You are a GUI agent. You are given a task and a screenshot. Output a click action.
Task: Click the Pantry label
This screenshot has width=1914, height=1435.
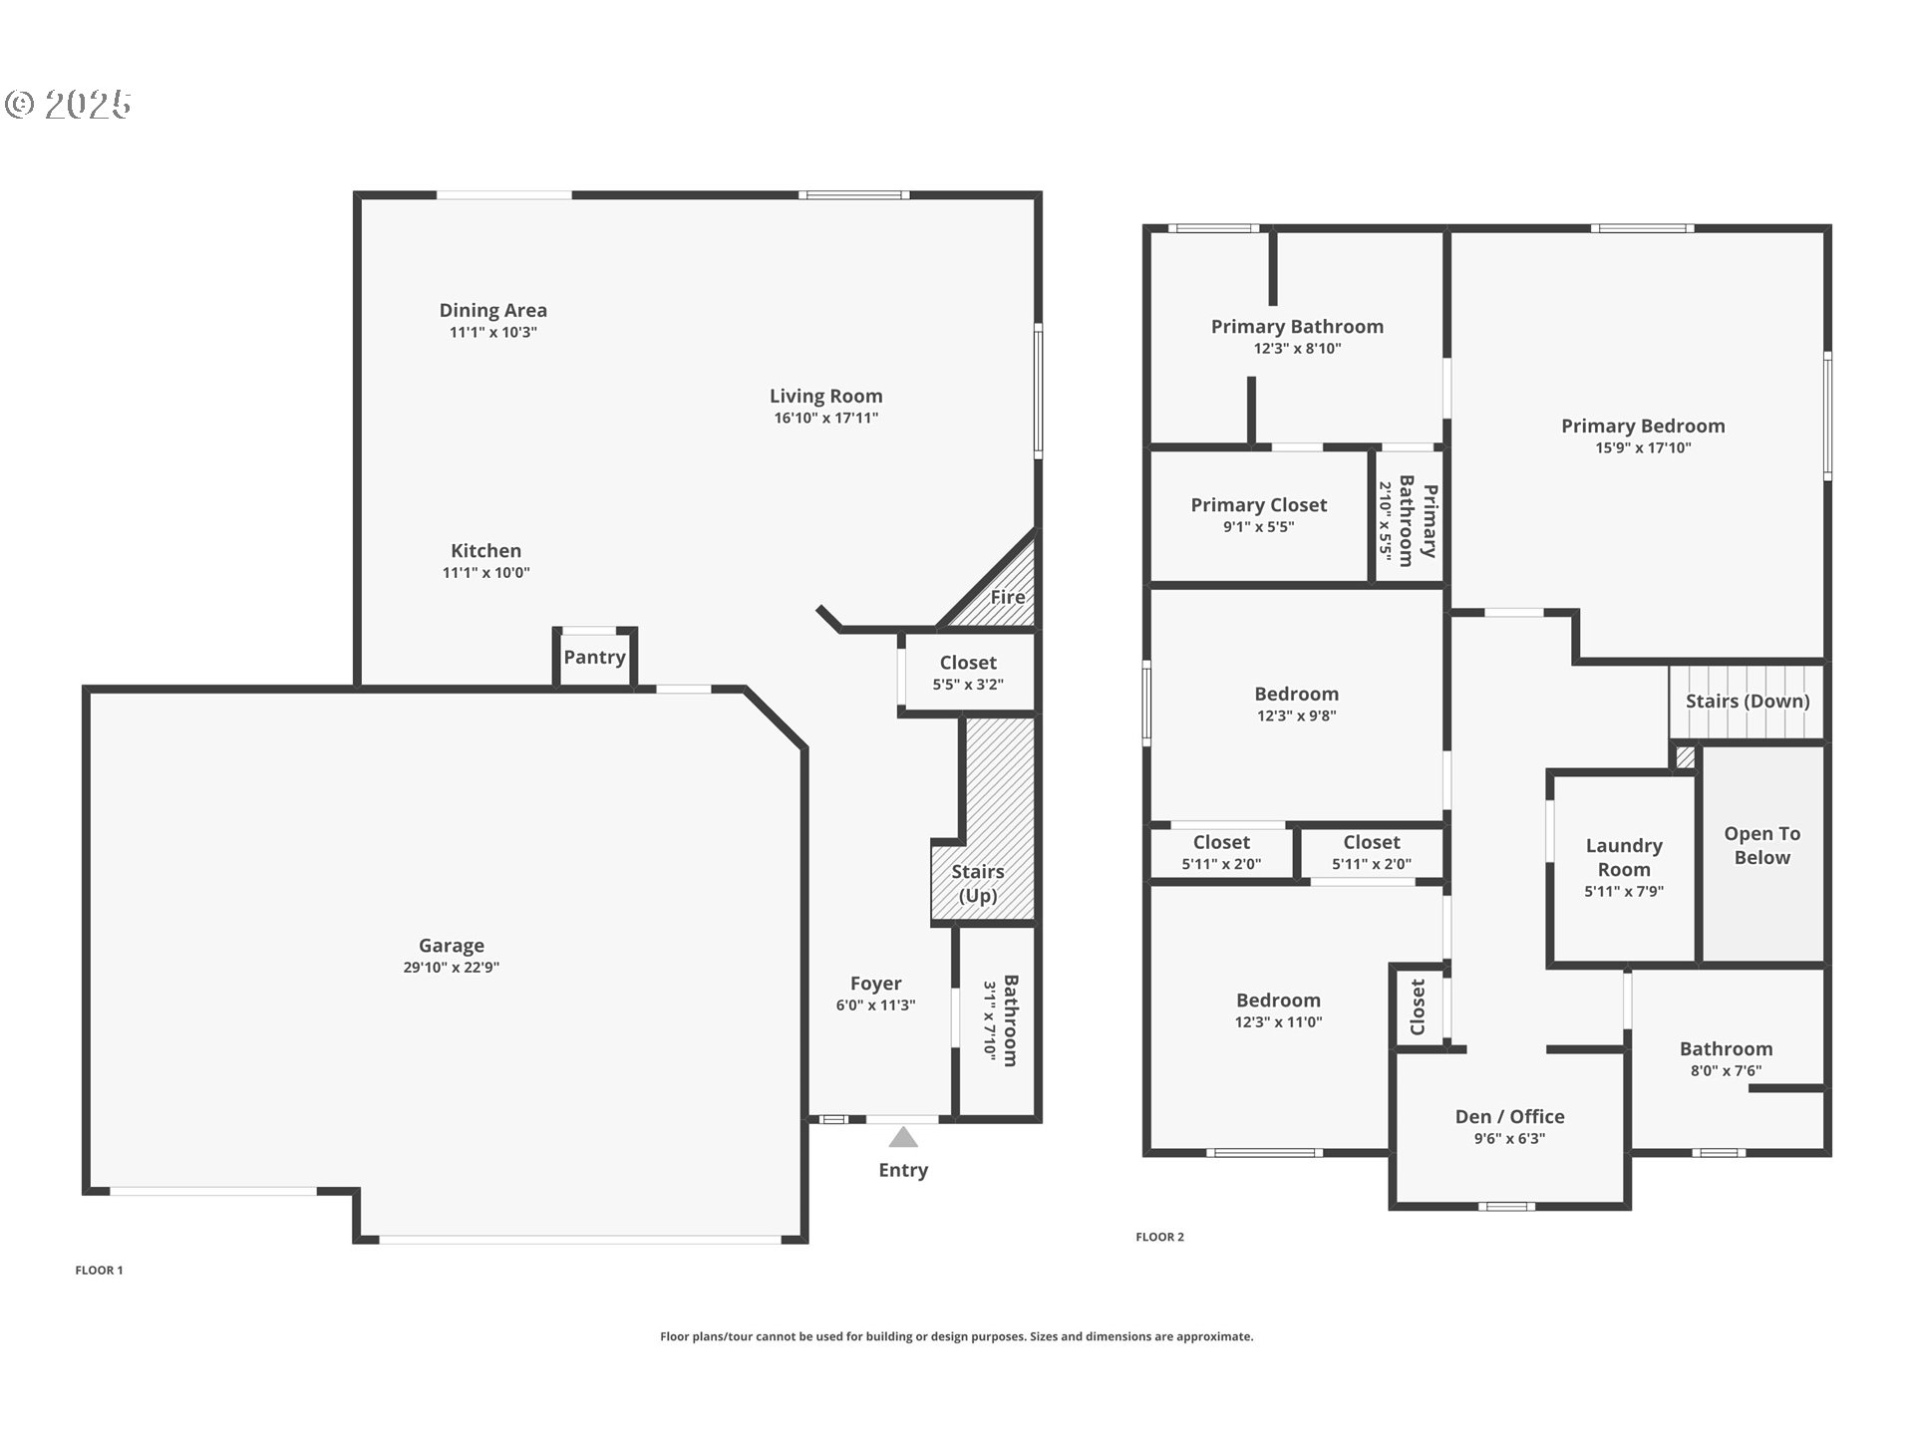pyautogui.click(x=594, y=657)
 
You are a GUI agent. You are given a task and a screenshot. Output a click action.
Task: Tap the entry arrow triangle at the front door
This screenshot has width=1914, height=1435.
pyautogui.click(x=903, y=1137)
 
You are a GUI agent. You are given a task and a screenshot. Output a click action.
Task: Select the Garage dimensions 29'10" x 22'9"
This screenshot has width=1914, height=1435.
pyautogui.click(x=451, y=968)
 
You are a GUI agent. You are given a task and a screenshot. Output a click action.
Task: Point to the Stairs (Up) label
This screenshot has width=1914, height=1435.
pyautogui.click(x=977, y=883)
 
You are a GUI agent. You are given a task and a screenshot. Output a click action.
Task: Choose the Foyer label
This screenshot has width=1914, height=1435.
pyautogui.click(x=875, y=984)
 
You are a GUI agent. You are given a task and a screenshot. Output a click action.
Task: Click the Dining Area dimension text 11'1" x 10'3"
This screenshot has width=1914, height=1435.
pyautogui.click(x=492, y=333)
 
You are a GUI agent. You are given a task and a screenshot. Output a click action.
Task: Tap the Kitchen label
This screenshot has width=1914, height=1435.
pyautogui.click(x=485, y=550)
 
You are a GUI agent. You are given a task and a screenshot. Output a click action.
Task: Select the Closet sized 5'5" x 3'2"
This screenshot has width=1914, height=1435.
pyautogui.click(x=967, y=673)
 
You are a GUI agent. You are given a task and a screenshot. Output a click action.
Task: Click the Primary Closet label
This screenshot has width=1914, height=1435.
pyautogui.click(x=1258, y=505)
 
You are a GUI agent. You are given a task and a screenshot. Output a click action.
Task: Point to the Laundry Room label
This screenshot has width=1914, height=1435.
pyautogui.click(x=1624, y=857)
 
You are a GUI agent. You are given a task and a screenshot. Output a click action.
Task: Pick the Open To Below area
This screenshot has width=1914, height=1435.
pyautogui.click(x=1761, y=846)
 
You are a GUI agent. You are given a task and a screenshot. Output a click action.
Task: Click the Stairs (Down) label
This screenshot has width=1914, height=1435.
pyautogui.click(x=1747, y=701)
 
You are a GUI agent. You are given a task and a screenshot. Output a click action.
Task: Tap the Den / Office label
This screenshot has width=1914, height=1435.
pyautogui.click(x=1509, y=1117)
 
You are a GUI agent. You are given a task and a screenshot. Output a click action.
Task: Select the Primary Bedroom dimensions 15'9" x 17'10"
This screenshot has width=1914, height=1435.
pyautogui.click(x=1643, y=448)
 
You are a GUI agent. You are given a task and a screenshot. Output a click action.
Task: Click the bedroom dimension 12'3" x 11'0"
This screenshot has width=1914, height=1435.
pyautogui.click(x=1278, y=1022)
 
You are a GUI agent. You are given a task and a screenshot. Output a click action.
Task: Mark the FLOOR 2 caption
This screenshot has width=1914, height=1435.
pyautogui.click(x=1159, y=1237)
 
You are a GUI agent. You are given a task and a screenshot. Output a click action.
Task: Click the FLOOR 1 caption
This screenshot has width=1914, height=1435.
pyautogui.click(x=99, y=1270)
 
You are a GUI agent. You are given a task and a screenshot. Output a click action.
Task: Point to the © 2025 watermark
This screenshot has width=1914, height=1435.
pyautogui.click(x=68, y=105)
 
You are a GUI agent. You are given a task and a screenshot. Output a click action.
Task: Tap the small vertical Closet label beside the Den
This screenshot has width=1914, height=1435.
pyautogui.click(x=1418, y=1007)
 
